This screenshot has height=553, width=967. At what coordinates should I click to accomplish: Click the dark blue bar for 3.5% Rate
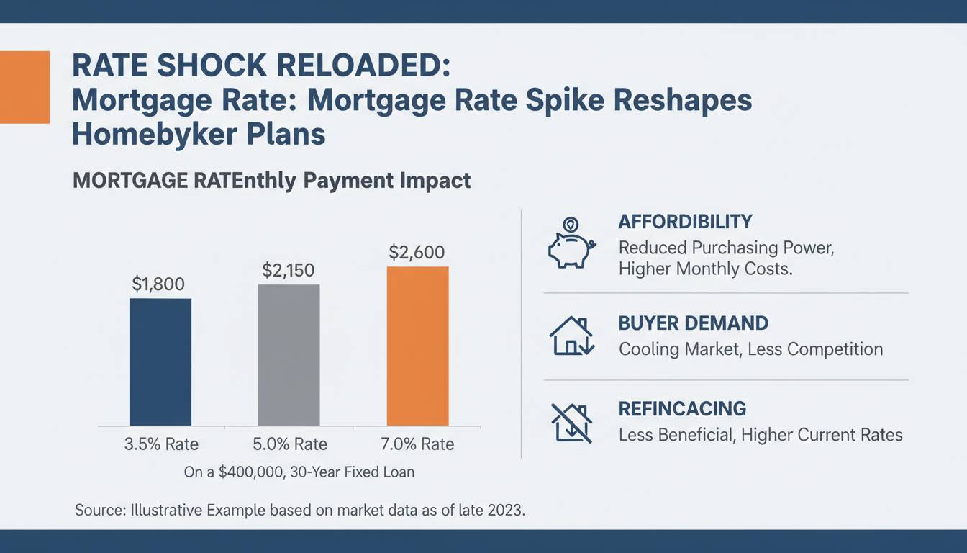coord(160,361)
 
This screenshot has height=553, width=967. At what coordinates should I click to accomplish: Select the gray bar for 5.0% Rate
coord(289,354)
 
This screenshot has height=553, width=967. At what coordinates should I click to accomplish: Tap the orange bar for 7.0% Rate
coord(417,346)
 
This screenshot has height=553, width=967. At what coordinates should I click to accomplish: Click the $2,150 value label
coord(289,270)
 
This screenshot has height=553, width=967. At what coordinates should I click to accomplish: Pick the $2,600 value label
coord(417,253)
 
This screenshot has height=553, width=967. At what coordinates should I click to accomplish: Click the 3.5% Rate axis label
coord(161,444)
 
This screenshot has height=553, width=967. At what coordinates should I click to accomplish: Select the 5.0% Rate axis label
coord(291,444)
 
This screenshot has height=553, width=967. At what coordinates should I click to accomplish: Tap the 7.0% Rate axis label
coord(418,444)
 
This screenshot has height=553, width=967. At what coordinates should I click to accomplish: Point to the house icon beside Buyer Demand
coord(571,336)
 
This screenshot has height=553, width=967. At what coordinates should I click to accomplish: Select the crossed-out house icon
coord(571,422)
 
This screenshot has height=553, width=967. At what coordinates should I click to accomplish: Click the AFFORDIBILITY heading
coord(685,222)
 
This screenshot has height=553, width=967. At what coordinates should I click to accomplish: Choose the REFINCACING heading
coord(682,409)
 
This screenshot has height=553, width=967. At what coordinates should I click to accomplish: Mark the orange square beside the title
coord(24,87)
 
